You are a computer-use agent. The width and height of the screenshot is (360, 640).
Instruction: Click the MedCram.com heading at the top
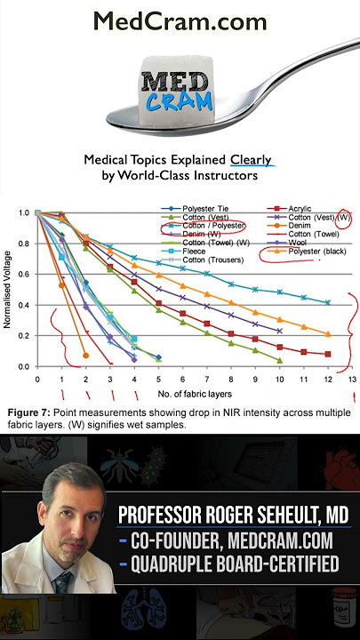pyautogui.click(x=180, y=20)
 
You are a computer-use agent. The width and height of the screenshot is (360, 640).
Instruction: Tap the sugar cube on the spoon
pyautogui.click(x=176, y=91)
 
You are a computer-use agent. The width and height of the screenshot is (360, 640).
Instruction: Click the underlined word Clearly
pyautogui.click(x=251, y=160)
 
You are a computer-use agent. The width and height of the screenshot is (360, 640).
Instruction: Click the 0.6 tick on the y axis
pyautogui.click(x=24, y=275)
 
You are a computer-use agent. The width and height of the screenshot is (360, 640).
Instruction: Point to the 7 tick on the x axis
pyautogui.click(x=207, y=380)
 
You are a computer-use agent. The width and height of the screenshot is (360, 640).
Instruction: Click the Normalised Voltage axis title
pyautogui.click(x=7, y=290)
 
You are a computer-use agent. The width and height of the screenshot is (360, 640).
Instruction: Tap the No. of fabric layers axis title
pyautogui.click(x=195, y=395)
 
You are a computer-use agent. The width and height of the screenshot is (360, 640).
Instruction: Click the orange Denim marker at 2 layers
pyautogui.click(x=85, y=356)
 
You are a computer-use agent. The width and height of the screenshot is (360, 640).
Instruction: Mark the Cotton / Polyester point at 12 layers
pyautogui.click(x=328, y=302)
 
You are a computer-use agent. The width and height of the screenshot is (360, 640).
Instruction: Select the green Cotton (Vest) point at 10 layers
pyautogui.click(x=280, y=360)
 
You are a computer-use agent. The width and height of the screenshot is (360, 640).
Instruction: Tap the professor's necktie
pyautogui.click(x=65, y=580)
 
